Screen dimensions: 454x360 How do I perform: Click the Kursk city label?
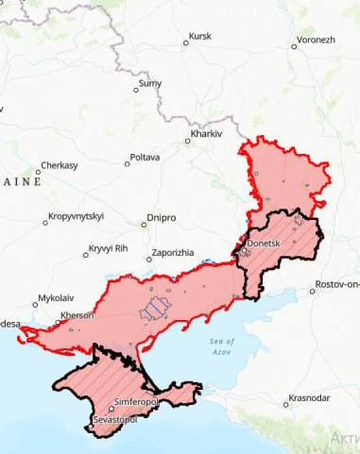pyautogui.click(x=200, y=37)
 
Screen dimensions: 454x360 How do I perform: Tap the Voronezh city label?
pyautogui.click(x=316, y=41)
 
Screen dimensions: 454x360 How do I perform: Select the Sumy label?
pyautogui.click(x=150, y=84)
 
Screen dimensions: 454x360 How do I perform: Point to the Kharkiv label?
pyautogui.click(x=206, y=135)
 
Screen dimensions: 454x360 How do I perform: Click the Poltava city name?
pyautogui.click(x=145, y=157)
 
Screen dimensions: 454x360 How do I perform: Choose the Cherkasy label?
pyautogui.click(x=59, y=165)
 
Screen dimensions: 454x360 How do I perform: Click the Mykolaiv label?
pyautogui.click(x=55, y=298)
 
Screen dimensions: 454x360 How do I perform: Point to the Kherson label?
pyautogui.click(x=77, y=314)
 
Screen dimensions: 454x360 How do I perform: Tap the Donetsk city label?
pyautogui.click(x=264, y=244)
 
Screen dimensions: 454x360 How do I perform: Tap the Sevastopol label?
pyautogui.click(x=114, y=418)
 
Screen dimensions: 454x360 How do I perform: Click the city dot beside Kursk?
pyautogui.click(x=185, y=42)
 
